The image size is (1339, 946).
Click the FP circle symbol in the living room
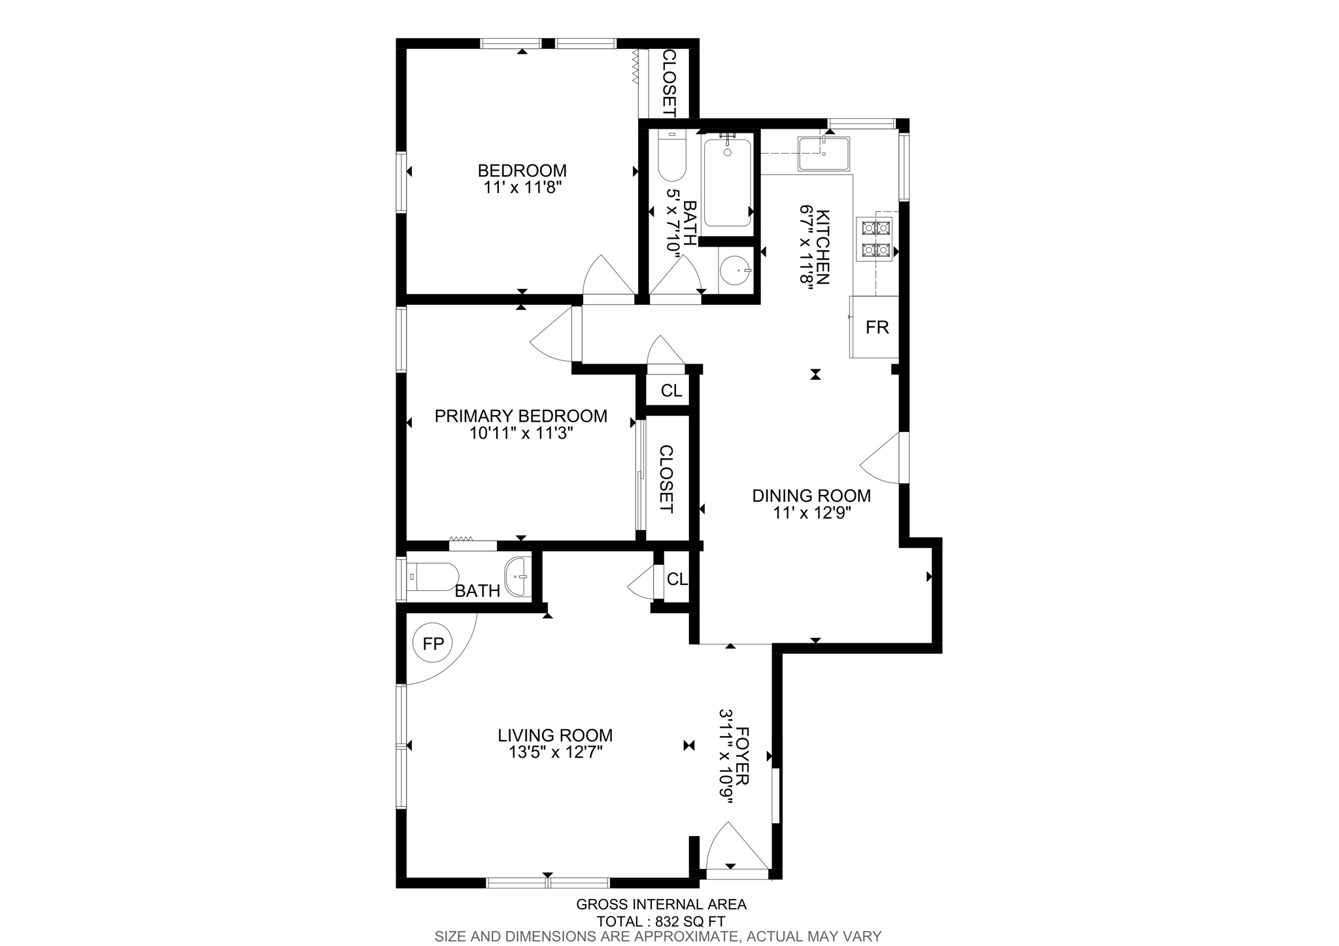click(x=433, y=644)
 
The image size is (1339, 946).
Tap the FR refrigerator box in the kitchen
click(x=876, y=327)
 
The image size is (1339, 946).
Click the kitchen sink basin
click(x=823, y=154)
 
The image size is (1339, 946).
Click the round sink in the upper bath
click(x=735, y=270)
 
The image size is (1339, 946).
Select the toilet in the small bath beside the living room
click(x=432, y=577)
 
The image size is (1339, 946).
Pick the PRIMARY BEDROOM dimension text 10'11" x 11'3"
click(x=521, y=433)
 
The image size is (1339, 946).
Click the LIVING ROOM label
click(x=555, y=735)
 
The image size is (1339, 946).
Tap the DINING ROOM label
click(x=811, y=496)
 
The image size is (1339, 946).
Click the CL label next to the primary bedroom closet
click(x=671, y=391)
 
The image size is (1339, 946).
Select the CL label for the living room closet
click(x=677, y=579)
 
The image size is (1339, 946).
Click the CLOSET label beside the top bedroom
click(x=669, y=83)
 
